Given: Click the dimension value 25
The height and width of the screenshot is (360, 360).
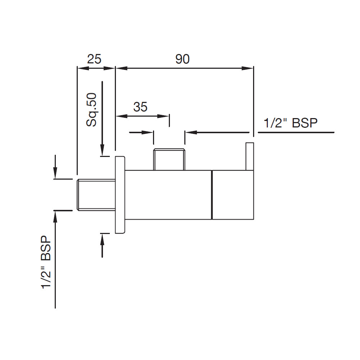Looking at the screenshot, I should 94,59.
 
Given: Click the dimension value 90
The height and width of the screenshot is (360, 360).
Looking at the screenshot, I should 183,59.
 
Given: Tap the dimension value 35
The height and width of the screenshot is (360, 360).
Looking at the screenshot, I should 140,107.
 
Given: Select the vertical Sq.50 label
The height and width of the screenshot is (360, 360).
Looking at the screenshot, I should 92,109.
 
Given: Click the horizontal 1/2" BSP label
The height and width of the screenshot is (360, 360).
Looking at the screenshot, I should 291,123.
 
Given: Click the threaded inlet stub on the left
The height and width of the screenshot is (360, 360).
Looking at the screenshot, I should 96,194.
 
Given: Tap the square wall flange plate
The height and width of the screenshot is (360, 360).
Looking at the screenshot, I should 120,195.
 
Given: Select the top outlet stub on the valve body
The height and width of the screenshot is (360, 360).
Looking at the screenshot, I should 169,159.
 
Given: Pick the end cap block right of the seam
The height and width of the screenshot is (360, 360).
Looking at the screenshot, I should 233,194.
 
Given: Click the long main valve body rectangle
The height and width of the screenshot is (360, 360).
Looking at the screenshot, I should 168,194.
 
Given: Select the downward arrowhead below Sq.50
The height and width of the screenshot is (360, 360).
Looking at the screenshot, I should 103,150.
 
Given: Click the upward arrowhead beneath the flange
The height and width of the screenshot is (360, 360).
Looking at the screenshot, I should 103,239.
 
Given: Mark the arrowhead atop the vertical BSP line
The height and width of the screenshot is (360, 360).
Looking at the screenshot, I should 55,216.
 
